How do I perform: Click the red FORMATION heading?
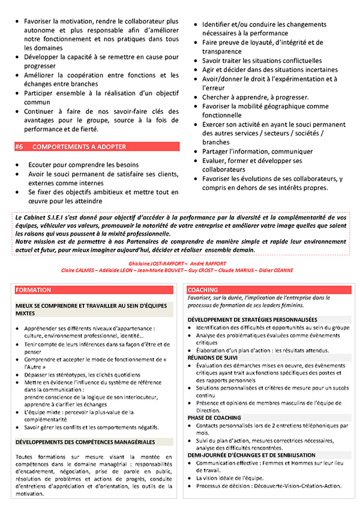coord(34,290)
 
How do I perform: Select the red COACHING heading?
coord(203,290)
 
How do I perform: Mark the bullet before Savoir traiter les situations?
coord(196,61)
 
